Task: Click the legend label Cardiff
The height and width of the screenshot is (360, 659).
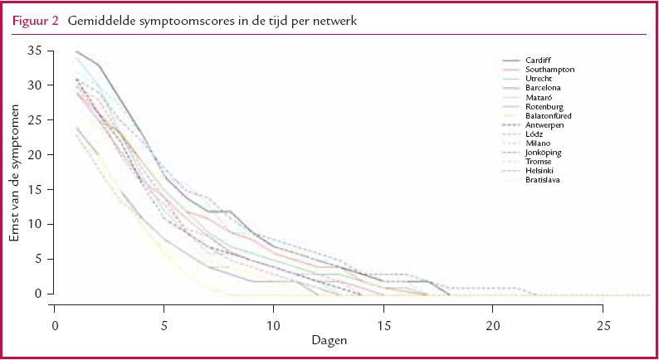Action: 538,60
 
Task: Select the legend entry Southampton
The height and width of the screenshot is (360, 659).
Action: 550,69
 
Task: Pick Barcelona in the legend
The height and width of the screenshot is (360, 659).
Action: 544,87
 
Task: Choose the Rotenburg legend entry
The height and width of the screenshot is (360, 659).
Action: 544,106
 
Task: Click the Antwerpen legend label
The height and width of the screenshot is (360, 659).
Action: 544,124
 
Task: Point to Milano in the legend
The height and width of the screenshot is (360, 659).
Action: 538,143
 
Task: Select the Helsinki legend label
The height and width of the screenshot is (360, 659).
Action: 540,170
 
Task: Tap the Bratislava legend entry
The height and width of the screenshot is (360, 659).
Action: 544,179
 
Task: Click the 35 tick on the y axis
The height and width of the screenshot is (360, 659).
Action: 34,51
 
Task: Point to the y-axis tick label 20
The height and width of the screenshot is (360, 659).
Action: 34,154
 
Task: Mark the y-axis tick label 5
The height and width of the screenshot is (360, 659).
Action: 37,259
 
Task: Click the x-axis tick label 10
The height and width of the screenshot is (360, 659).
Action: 274,325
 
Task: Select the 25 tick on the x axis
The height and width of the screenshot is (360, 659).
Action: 603,325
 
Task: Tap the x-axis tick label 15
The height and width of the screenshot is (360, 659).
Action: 383,325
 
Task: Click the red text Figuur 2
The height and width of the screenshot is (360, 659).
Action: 34,21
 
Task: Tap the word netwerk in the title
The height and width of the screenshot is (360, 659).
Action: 330,21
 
